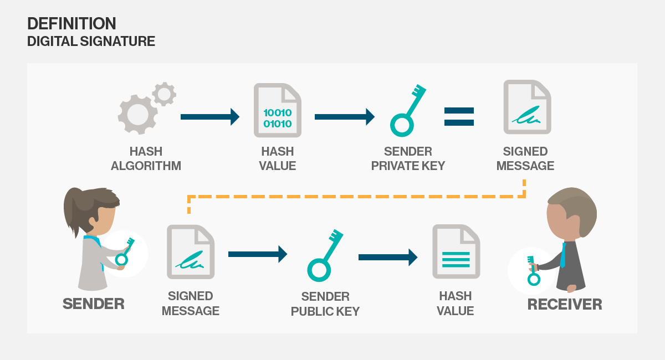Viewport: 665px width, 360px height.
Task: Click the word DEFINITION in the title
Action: (x=71, y=23)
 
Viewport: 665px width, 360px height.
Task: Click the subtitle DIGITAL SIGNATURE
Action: (x=91, y=42)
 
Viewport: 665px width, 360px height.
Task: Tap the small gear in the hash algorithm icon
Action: (x=164, y=94)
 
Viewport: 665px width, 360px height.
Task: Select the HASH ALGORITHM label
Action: (x=146, y=158)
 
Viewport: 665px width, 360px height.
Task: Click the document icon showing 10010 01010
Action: (x=277, y=110)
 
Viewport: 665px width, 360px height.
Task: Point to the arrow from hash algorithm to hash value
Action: (x=209, y=117)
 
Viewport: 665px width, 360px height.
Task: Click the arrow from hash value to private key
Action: (x=344, y=117)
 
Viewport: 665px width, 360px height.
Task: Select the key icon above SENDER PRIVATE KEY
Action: (x=408, y=111)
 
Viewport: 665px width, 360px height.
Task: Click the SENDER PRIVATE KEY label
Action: (x=408, y=158)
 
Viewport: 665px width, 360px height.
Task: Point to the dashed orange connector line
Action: (x=355, y=196)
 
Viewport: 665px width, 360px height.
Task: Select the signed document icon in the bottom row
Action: (x=190, y=252)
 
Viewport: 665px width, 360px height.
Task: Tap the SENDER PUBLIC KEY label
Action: (x=325, y=304)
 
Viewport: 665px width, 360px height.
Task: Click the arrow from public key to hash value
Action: (x=387, y=257)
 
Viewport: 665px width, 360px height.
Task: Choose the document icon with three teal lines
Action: (x=456, y=252)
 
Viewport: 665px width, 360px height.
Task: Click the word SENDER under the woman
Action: (x=93, y=304)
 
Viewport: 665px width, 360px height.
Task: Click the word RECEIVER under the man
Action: (x=564, y=304)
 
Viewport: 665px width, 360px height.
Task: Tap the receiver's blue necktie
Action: (x=563, y=255)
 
